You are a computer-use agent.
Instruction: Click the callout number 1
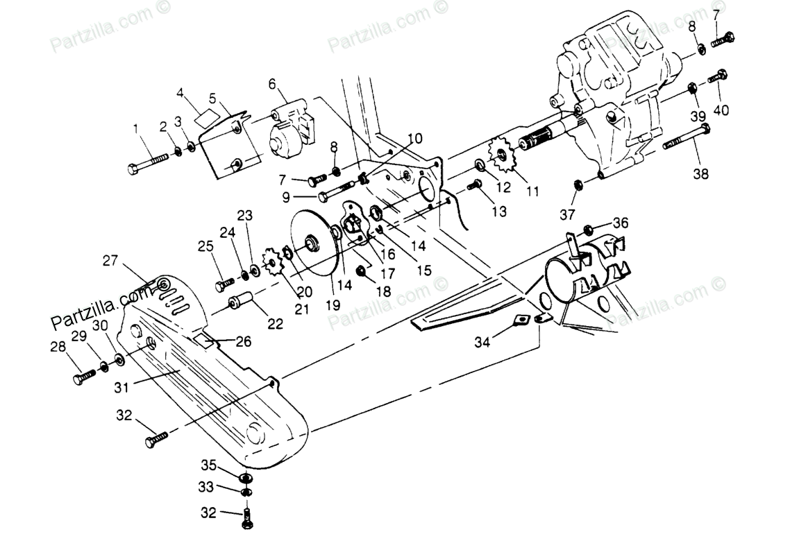(x=136, y=128)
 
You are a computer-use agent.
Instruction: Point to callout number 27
(x=110, y=260)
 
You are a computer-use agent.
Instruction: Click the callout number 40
(x=722, y=110)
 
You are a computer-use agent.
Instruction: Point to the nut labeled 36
(x=589, y=228)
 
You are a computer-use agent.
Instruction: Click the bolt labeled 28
(x=84, y=376)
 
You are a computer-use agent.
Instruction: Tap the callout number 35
(x=209, y=465)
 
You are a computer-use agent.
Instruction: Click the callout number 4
(x=180, y=92)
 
